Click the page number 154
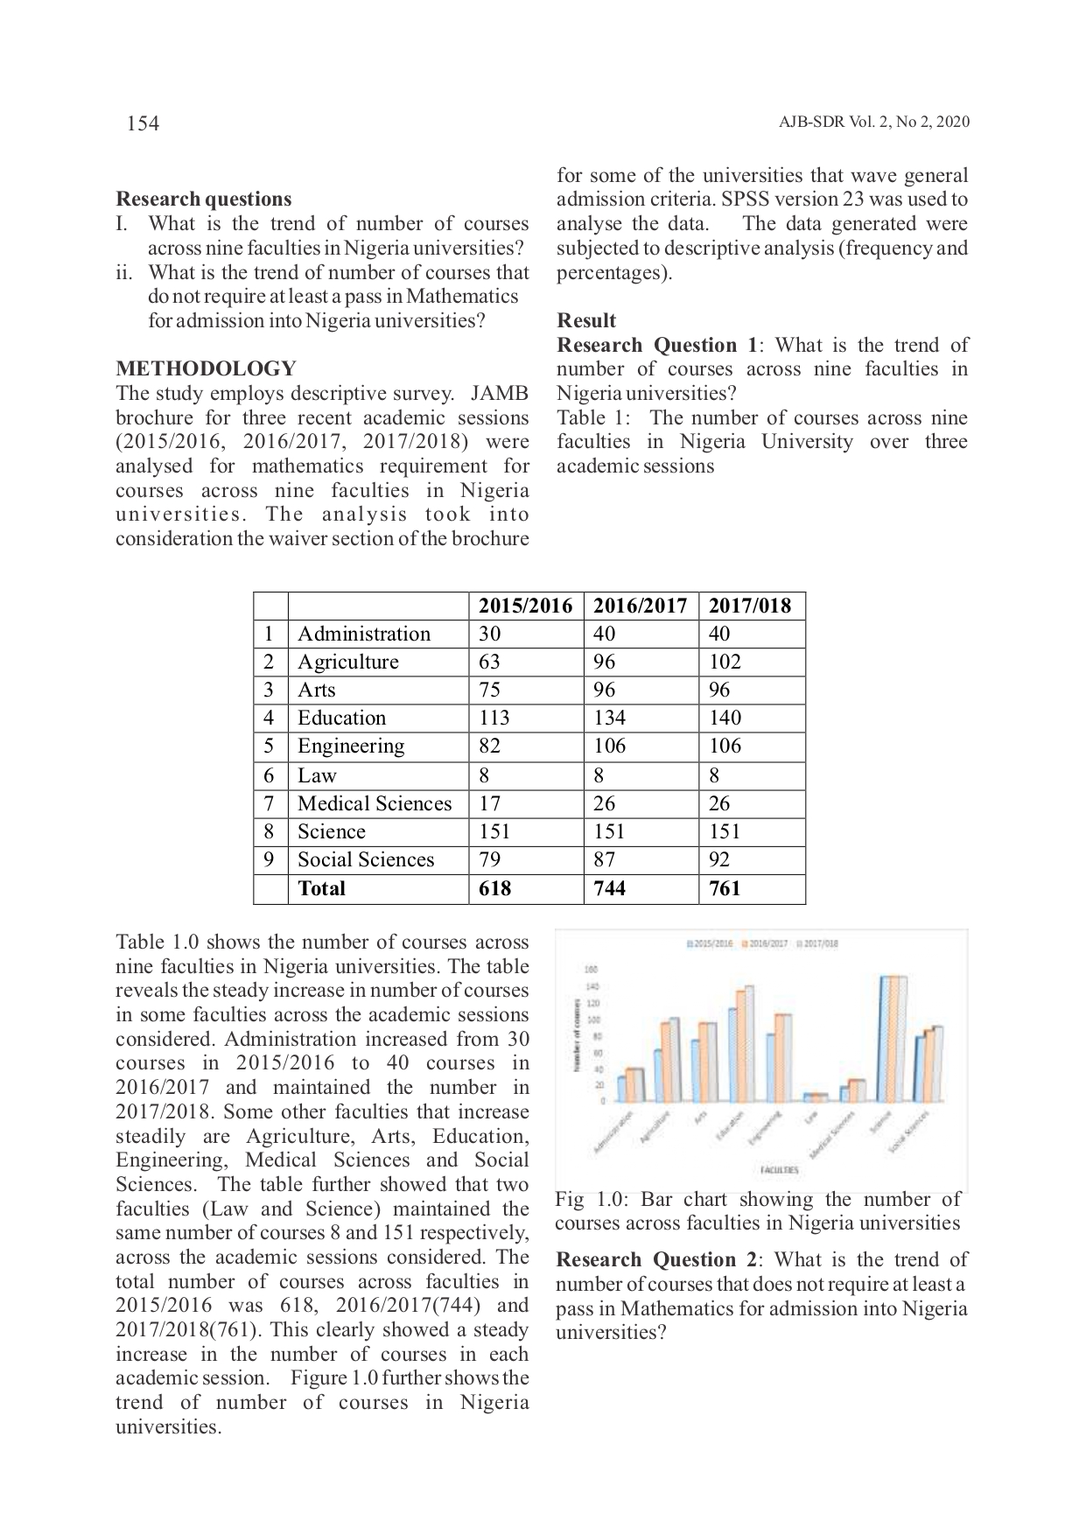click(x=143, y=123)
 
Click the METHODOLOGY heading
click(x=206, y=368)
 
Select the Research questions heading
click(x=203, y=199)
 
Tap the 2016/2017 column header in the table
click(x=641, y=606)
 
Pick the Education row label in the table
click(x=341, y=718)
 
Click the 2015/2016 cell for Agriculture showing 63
click(x=491, y=662)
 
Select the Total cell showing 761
click(x=725, y=888)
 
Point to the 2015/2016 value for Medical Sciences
click(x=490, y=803)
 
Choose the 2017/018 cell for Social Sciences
click(x=719, y=859)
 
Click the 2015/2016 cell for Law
click(x=484, y=775)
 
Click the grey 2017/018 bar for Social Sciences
click(x=938, y=1063)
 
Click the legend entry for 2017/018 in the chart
click(x=817, y=944)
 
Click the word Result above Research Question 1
click(x=586, y=320)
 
